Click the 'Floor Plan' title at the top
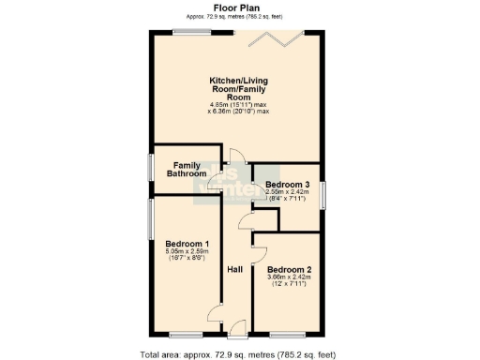point(239,7)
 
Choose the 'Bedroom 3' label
point(287,184)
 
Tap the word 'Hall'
point(236,269)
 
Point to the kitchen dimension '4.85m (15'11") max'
point(238,104)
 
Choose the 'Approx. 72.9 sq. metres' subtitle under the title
point(239,16)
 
